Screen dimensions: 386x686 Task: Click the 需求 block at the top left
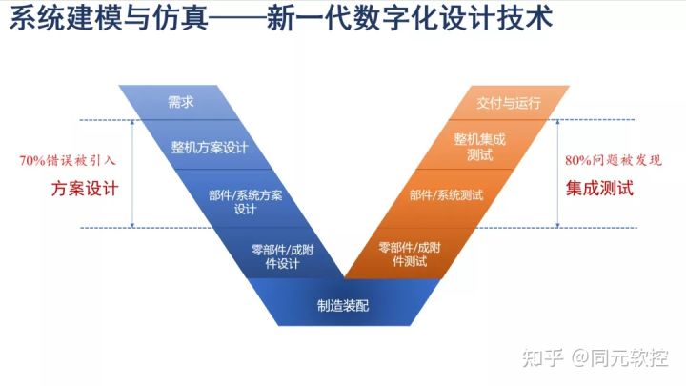[181, 102]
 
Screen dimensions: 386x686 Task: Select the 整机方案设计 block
[210, 148]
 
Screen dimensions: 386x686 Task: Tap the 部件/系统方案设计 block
[245, 202]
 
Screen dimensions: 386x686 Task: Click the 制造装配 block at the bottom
[342, 306]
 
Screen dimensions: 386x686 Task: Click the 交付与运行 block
[508, 102]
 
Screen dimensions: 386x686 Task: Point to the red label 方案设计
[85, 189]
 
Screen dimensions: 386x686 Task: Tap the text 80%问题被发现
[613, 160]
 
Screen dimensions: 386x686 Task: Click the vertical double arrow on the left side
[133, 173]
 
